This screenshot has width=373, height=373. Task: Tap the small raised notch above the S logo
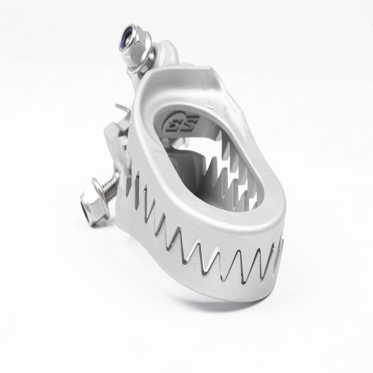[210, 106]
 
